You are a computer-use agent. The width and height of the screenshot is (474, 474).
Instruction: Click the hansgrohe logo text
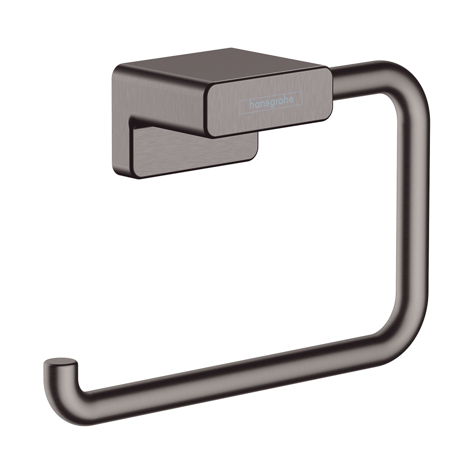click(272, 101)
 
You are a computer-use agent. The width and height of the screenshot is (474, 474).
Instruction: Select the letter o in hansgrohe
click(284, 100)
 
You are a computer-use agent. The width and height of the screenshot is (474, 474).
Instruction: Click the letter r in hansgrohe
click(280, 100)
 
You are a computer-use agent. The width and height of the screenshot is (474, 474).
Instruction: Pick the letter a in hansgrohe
click(259, 102)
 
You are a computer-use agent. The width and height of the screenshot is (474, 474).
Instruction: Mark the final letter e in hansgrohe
click(294, 100)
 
